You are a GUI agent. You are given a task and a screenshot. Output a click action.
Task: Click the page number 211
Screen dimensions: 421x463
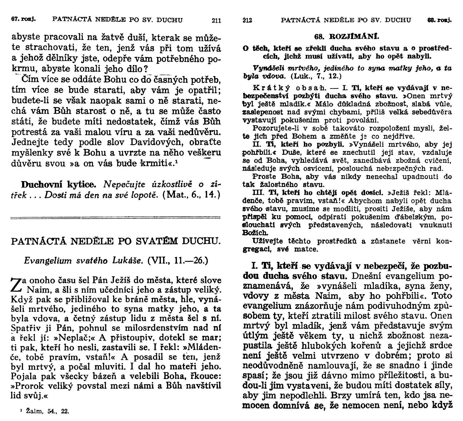point(216,20)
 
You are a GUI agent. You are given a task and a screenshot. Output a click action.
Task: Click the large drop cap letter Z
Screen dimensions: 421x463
point(16,286)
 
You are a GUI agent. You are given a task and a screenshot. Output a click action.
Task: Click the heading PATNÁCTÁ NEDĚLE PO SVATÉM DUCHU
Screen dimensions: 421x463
point(116,241)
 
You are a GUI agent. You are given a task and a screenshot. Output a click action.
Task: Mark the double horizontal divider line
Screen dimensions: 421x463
point(116,217)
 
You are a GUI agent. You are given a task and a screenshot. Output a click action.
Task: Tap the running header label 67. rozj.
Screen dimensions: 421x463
point(25,20)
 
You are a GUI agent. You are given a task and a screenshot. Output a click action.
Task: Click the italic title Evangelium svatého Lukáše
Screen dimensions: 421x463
point(84,260)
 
